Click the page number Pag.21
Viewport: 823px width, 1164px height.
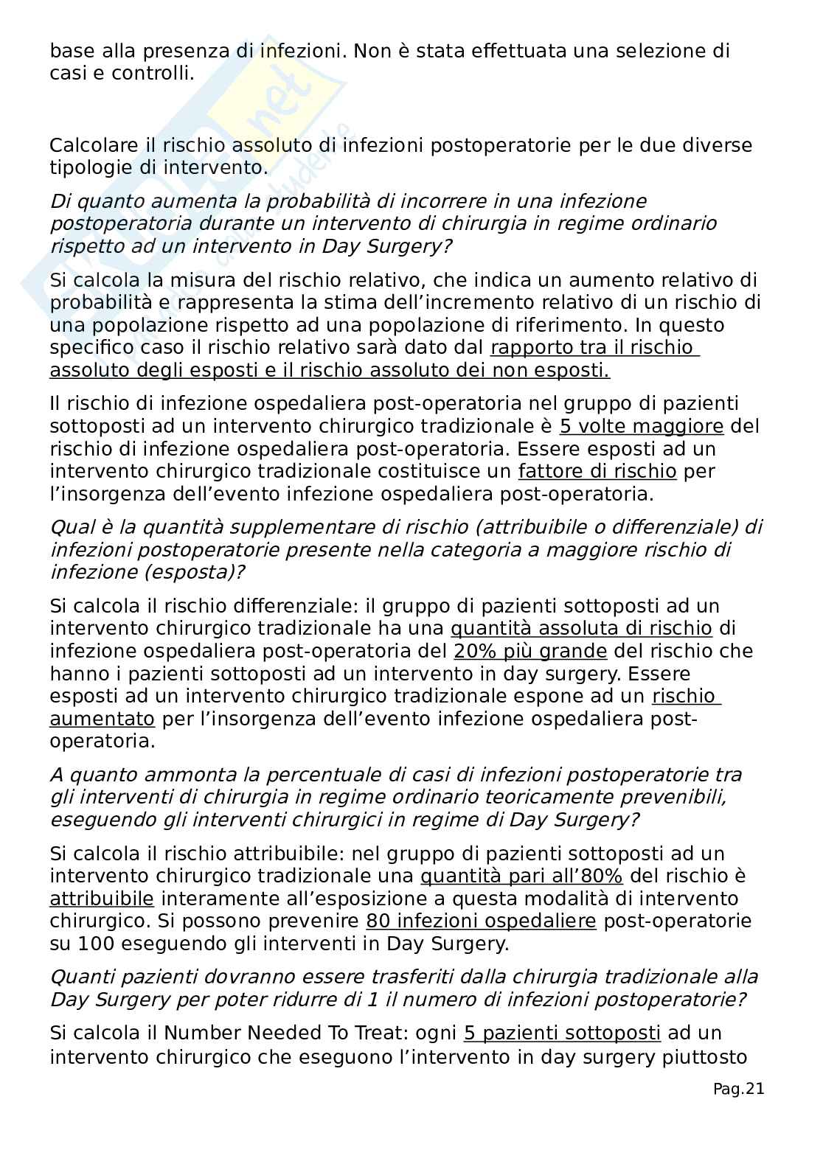[738, 1089]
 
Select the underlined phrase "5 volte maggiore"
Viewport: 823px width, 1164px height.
[642, 426]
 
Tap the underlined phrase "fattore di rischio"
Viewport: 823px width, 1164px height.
[597, 471]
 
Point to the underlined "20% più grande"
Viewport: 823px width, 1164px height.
[530, 651]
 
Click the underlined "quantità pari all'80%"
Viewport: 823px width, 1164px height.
[521, 876]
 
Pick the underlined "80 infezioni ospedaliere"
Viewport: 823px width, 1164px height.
[481, 921]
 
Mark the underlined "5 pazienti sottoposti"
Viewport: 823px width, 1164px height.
[562, 1033]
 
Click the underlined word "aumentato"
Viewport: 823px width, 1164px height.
[102, 719]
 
